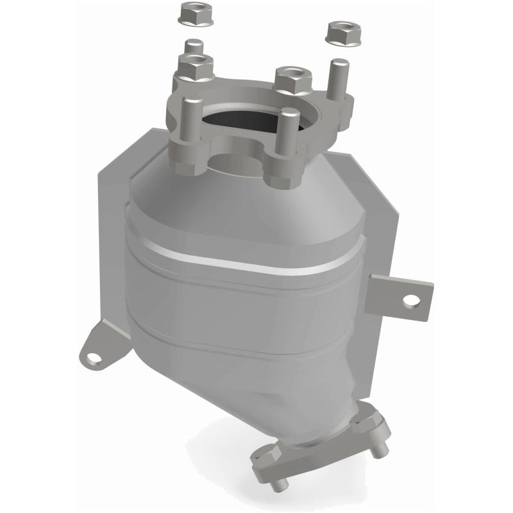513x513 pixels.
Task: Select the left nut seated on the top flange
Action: pos(194,65)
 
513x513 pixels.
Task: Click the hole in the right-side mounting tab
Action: pos(411,299)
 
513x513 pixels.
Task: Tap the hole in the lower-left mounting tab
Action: pos(94,356)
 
